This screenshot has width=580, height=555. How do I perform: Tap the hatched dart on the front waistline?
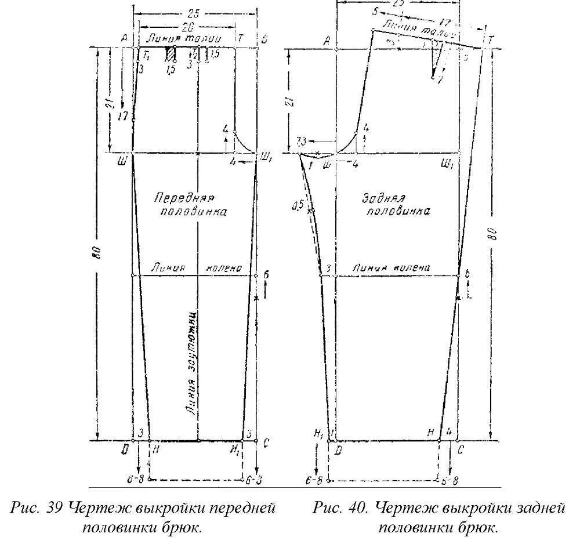click(171, 54)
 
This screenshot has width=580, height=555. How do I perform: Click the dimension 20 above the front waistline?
click(187, 27)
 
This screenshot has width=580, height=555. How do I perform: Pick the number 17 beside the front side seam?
click(123, 116)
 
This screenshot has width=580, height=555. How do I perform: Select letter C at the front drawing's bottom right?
click(266, 444)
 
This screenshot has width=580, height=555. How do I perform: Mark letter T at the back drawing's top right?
click(491, 40)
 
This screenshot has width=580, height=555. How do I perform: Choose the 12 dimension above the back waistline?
click(445, 23)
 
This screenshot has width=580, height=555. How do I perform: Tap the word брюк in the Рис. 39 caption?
click(183, 528)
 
